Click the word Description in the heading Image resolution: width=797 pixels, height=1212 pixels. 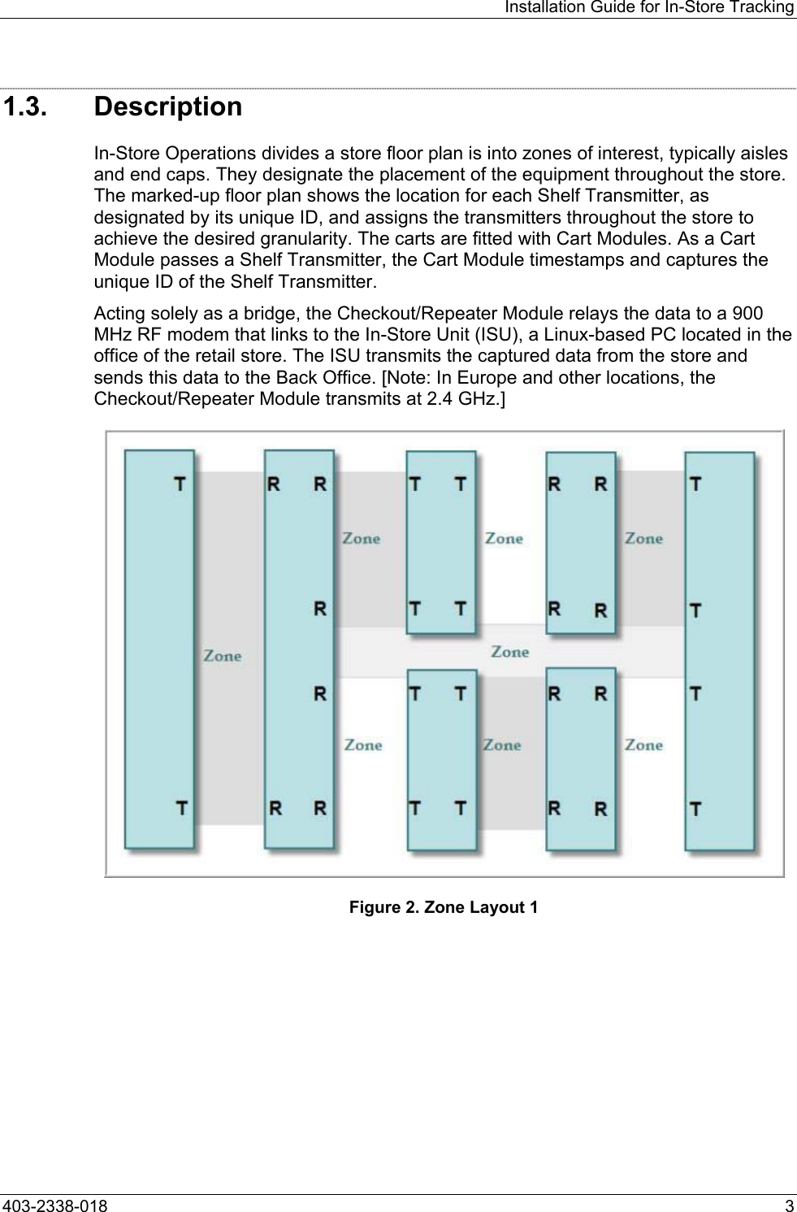168,107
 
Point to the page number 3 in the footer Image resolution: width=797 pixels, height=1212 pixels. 789,1204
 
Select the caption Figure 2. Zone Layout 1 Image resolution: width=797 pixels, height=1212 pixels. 443,907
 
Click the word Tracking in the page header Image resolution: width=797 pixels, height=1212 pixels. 762,7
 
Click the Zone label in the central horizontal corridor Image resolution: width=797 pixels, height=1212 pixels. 510,652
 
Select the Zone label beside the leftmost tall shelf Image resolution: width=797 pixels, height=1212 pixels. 222,655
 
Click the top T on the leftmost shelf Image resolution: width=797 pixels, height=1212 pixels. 180,484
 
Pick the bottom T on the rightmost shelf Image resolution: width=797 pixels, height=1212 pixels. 696,809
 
